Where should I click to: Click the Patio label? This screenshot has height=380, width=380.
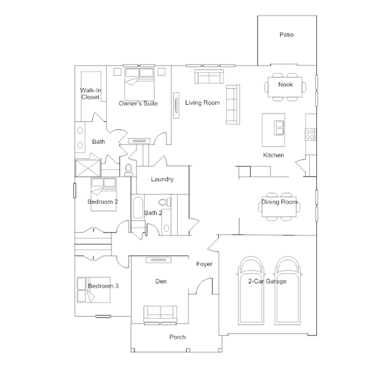pyautogui.click(x=287, y=35)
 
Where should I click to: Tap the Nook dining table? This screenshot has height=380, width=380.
pyautogui.click(x=285, y=84)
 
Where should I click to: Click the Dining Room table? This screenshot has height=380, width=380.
pyautogui.click(x=279, y=202)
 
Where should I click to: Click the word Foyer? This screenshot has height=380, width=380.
pyautogui.click(x=204, y=264)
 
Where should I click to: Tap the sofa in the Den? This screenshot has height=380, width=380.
pyautogui.click(x=160, y=312)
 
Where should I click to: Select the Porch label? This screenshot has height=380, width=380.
pyautogui.click(x=177, y=337)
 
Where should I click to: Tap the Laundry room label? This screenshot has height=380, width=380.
pyautogui.click(x=162, y=179)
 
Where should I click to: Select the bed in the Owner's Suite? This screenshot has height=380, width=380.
pyautogui.click(x=139, y=83)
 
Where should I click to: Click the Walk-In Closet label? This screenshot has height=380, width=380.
pyautogui.click(x=90, y=93)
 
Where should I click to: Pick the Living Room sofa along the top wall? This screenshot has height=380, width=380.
pyautogui.click(x=209, y=77)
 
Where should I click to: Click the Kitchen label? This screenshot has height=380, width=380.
pyautogui.click(x=274, y=155)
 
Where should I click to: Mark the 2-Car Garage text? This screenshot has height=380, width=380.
pyautogui.click(x=266, y=281)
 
